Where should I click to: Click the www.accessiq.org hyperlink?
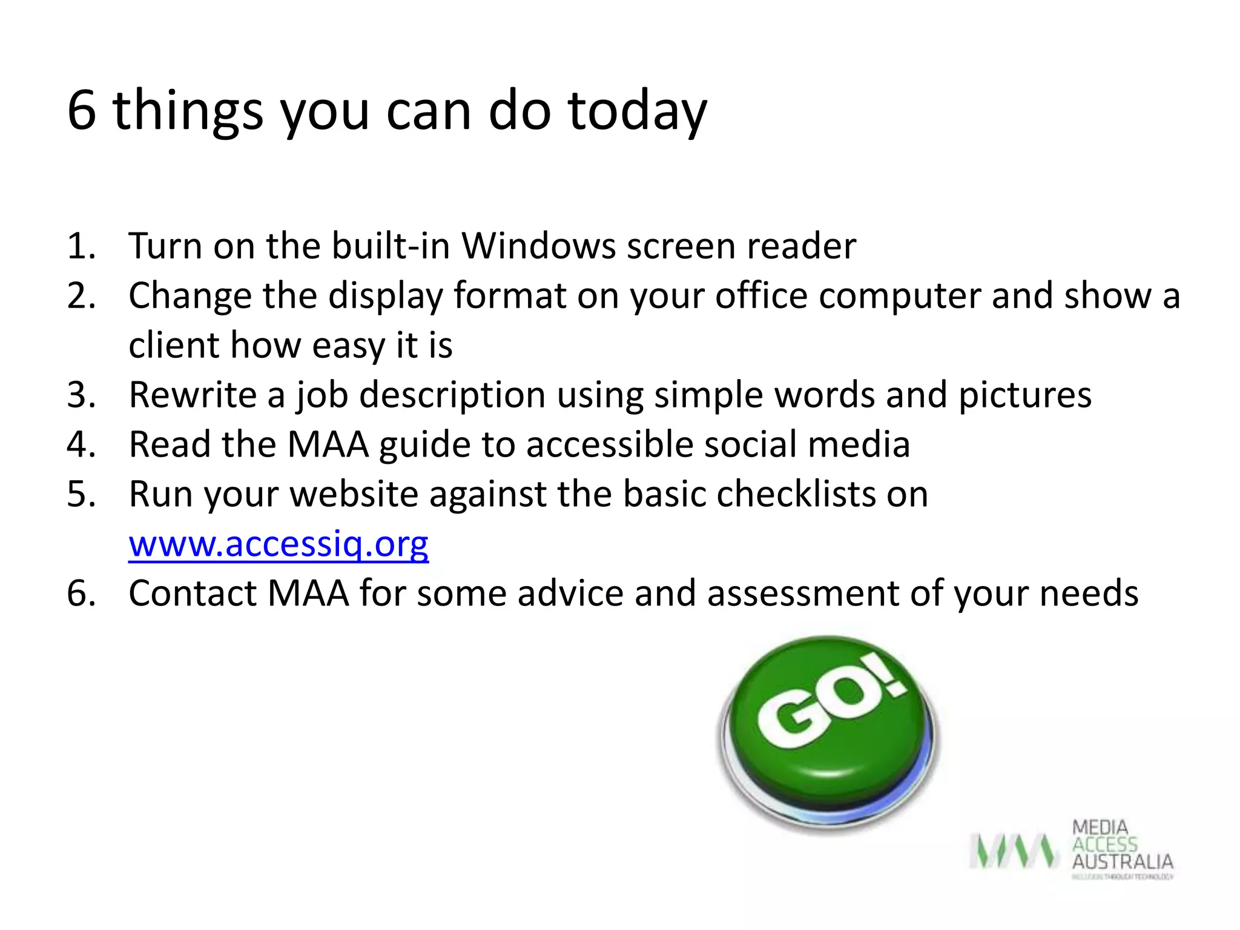[279, 544]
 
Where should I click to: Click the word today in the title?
[637, 111]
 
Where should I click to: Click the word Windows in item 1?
[538, 246]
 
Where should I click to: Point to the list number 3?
[81, 395]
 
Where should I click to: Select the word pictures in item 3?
[1024, 395]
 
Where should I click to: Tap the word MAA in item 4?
[328, 445]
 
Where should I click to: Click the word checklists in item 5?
[796, 495]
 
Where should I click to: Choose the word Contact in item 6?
[193, 593]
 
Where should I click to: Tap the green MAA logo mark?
[1014, 850]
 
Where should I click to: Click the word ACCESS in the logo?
[1104, 845]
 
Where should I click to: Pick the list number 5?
[81, 495]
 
